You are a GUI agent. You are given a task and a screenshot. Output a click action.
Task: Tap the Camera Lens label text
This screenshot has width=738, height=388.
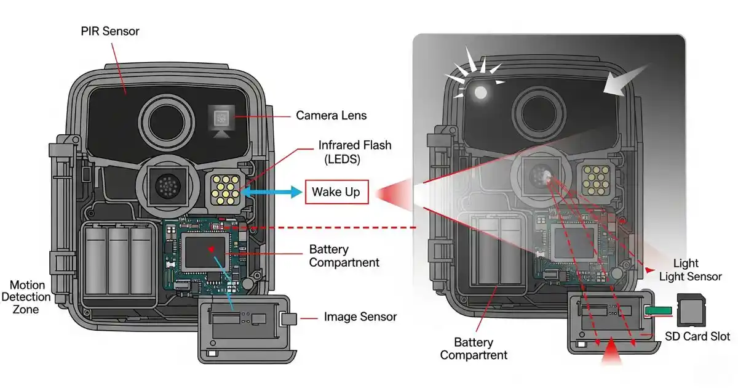pyautogui.click(x=331, y=115)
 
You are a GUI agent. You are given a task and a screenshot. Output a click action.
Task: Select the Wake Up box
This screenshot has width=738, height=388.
pyautogui.click(x=336, y=192)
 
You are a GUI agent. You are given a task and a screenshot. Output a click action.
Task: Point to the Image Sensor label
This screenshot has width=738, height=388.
pyautogui.click(x=360, y=317)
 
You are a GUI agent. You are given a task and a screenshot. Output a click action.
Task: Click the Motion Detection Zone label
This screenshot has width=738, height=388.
pyautogui.click(x=28, y=297)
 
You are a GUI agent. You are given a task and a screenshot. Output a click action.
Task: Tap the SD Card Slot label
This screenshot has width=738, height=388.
pyautogui.click(x=697, y=336)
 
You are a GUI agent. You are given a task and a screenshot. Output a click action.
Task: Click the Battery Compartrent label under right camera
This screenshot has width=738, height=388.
pyautogui.click(x=474, y=348)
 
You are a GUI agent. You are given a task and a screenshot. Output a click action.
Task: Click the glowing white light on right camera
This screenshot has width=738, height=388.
pyautogui.click(x=480, y=92)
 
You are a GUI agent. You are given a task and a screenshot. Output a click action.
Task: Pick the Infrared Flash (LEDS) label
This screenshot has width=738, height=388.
pyautogui.click(x=354, y=152)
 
